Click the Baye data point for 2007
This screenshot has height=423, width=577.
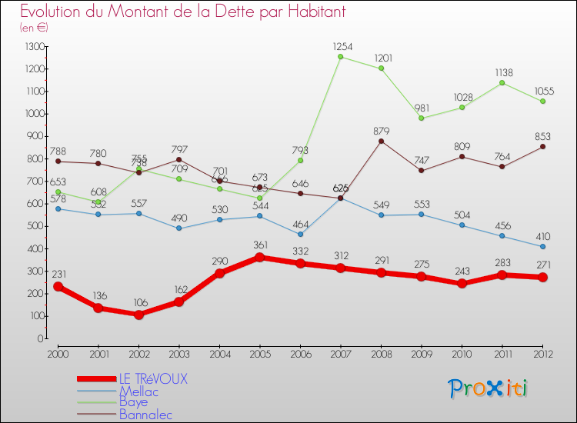[x=340, y=57]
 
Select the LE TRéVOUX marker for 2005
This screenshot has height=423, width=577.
[x=259, y=257]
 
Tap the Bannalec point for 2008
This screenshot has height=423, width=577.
[x=381, y=141]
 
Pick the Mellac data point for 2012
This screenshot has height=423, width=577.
[x=542, y=247]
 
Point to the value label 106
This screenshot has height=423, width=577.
[x=138, y=302]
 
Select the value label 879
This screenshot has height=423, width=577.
[x=382, y=130]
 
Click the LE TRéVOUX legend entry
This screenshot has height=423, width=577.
[x=153, y=379]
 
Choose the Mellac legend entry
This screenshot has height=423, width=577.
[x=139, y=391]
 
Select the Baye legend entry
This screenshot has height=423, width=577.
[x=135, y=402]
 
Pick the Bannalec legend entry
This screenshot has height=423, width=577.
[x=146, y=415]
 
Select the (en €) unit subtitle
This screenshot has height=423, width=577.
[x=35, y=28]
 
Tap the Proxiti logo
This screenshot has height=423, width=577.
[x=489, y=388]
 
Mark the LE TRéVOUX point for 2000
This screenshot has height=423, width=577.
[x=58, y=286]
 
